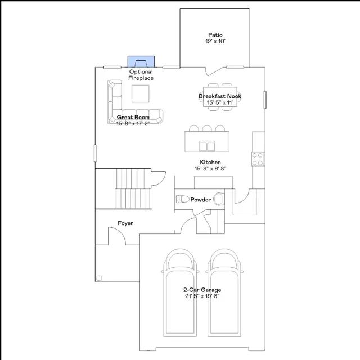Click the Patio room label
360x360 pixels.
(x=215, y=35)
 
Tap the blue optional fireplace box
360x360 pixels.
(x=141, y=61)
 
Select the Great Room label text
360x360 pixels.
(x=133, y=117)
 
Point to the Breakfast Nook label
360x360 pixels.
(x=220, y=96)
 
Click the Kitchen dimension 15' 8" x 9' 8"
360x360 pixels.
(x=210, y=169)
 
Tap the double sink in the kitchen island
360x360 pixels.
(x=207, y=146)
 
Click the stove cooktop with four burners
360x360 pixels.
(x=258, y=159)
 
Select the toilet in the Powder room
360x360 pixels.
(x=182, y=199)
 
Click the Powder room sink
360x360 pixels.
(x=219, y=199)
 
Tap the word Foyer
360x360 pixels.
(x=125, y=223)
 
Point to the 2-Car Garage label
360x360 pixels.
(x=202, y=290)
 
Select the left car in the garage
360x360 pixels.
(x=180, y=293)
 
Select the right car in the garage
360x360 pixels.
(x=224, y=293)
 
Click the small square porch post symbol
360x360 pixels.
(x=99, y=278)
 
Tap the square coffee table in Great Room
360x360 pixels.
(x=140, y=93)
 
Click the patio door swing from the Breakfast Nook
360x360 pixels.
(x=215, y=71)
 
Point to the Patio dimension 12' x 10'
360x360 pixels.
(x=215, y=41)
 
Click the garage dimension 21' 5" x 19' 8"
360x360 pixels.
(x=202, y=296)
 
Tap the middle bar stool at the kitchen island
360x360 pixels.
(x=207, y=128)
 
